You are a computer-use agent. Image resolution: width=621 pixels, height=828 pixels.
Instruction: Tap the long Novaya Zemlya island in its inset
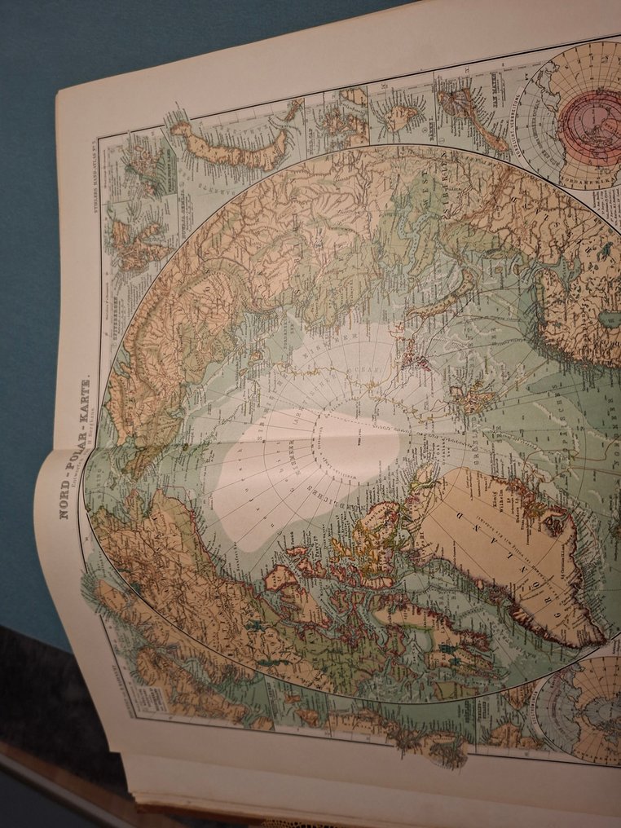click(x=232, y=147)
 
